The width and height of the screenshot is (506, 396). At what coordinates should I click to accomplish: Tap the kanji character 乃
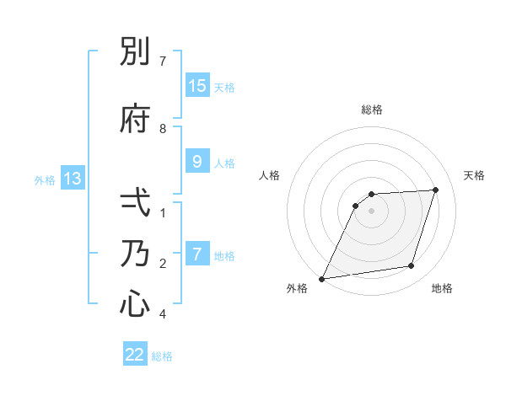tap(135, 254)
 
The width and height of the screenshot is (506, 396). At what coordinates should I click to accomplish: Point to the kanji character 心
tap(135, 304)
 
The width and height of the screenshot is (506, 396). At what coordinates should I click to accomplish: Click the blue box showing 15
tap(196, 86)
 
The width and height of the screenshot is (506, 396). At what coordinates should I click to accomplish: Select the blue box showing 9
tap(196, 162)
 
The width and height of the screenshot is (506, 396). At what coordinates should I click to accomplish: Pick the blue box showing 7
tap(196, 254)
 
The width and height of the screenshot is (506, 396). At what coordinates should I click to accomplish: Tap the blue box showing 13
tap(72, 179)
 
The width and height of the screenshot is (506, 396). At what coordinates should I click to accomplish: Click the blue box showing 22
tap(135, 355)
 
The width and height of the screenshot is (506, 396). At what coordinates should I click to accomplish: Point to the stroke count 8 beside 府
tap(163, 129)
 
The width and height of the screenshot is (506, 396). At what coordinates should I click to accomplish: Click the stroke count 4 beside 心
tap(163, 314)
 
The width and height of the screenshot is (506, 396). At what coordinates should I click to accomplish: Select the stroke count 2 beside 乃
tap(163, 264)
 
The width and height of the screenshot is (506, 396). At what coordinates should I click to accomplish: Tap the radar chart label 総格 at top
tap(372, 110)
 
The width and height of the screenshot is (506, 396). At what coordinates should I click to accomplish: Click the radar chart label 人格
tap(269, 175)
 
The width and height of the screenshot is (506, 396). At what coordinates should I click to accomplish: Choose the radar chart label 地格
tap(442, 289)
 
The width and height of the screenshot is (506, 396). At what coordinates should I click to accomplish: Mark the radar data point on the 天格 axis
tap(436, 190)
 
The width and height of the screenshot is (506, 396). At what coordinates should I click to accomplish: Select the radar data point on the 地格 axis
tap(412, 266)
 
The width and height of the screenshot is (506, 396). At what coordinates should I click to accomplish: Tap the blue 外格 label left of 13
tap(44, 179)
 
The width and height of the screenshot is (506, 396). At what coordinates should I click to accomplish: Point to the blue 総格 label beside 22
tap(162, 356)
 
